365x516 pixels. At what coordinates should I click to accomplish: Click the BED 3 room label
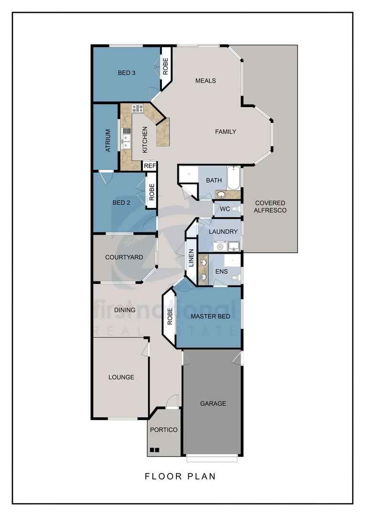127,73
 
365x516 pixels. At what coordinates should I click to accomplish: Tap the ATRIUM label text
108,140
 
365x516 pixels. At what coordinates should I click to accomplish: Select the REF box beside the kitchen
150,166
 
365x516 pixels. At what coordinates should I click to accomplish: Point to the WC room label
225,209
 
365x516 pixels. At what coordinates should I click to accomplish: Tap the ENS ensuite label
222,271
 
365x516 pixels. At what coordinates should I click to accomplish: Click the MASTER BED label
210,316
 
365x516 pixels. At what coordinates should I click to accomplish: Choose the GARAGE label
213,403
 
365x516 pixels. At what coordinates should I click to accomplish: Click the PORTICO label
164,430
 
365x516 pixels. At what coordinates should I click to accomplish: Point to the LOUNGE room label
121,377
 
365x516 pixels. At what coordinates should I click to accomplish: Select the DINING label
125,310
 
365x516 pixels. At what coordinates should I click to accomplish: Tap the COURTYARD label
124,257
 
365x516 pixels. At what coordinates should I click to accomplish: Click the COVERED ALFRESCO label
270,206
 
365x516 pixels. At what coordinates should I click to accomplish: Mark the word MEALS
205,81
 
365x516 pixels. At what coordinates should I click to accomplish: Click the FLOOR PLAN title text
180,476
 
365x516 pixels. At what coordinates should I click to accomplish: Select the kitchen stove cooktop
138,108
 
